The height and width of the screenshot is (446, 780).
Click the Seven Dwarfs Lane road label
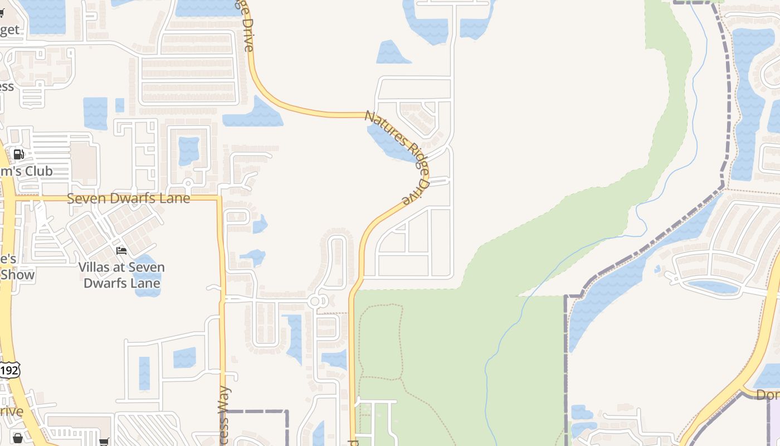click(x=128, y=198)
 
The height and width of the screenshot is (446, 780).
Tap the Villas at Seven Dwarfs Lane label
click(x=121, y=275)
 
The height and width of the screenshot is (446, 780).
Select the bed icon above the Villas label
click(x=121, y=251)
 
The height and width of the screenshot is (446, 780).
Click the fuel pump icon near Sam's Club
click(x=19, y=154)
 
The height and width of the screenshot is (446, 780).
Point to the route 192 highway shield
click(x=9, y=370)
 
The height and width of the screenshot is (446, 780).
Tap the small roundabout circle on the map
click(x=315, y=302)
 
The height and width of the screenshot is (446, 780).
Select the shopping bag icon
click(x=17, y=438)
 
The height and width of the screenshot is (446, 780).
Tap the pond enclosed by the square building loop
click(x=189, y=151)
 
